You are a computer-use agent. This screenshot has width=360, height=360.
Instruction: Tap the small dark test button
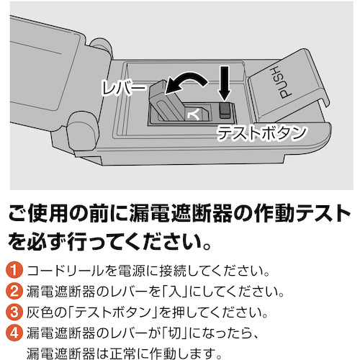point(225,109)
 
